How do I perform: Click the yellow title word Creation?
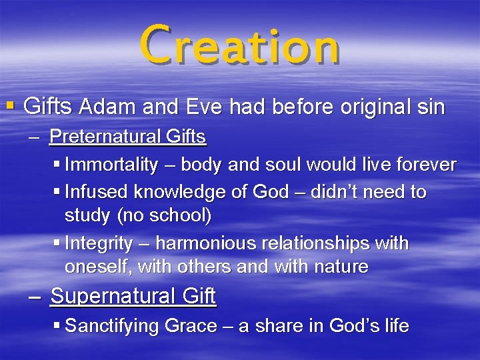(239, 45)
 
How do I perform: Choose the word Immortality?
(111, 165)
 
